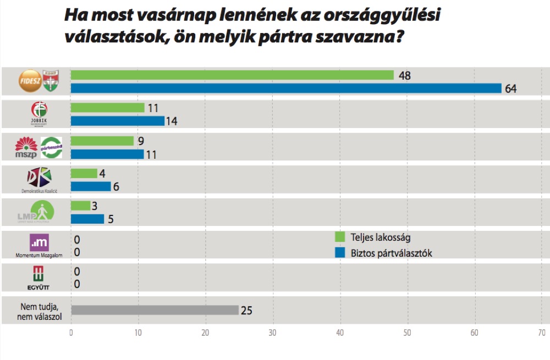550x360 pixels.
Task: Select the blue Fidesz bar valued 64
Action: click(286, 88)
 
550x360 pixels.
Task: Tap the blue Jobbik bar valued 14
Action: click(118, 121)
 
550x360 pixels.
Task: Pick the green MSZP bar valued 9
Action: click(102, 141)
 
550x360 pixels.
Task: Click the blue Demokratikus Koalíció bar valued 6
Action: click(91, 186)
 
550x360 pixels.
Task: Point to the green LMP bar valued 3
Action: click(80, 206)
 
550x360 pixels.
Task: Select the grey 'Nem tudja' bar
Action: click(155, 310)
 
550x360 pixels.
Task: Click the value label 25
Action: click(246, 311)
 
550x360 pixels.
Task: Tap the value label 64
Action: click(511, 88)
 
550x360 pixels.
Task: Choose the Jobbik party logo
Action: click(40, 113)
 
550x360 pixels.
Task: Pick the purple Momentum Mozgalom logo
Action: click(40, 243)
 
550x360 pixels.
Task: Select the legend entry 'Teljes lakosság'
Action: click(380, 237)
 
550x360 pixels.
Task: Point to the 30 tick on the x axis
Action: click(273, 333)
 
